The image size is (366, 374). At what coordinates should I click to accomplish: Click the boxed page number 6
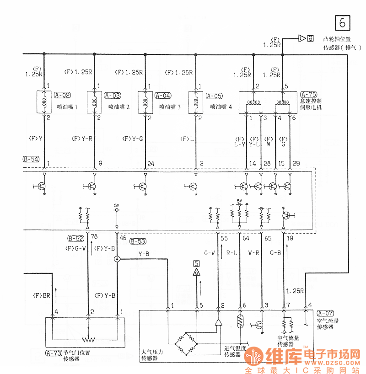click(x=343, y=22)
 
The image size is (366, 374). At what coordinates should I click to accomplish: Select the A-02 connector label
click(x=62, y=96)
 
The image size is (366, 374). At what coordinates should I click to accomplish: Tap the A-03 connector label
click(x=113, y=96)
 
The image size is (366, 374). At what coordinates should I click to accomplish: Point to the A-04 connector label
click(x=163, y=96)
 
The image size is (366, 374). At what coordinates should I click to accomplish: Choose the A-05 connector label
click(x=214, y=96)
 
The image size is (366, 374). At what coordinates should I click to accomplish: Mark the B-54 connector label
click(x=31, y=160)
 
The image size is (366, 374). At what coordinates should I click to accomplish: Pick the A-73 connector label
click(x=54, y=353)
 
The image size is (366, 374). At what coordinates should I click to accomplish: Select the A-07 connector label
click(x=325, y=313)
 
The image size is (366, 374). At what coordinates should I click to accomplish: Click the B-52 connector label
click(x=76, y=239)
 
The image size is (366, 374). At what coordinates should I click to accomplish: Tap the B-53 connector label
click(x=138, y=241)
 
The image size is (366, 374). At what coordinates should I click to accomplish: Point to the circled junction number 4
click(x=117, y=259)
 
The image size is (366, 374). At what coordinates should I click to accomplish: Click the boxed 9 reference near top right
click(x=311, y=38)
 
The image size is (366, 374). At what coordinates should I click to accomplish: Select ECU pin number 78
click(x=94, y=237)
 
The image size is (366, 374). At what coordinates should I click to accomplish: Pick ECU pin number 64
click(x=246, y=238)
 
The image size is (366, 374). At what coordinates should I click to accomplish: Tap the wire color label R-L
click(x=232, y=251)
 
